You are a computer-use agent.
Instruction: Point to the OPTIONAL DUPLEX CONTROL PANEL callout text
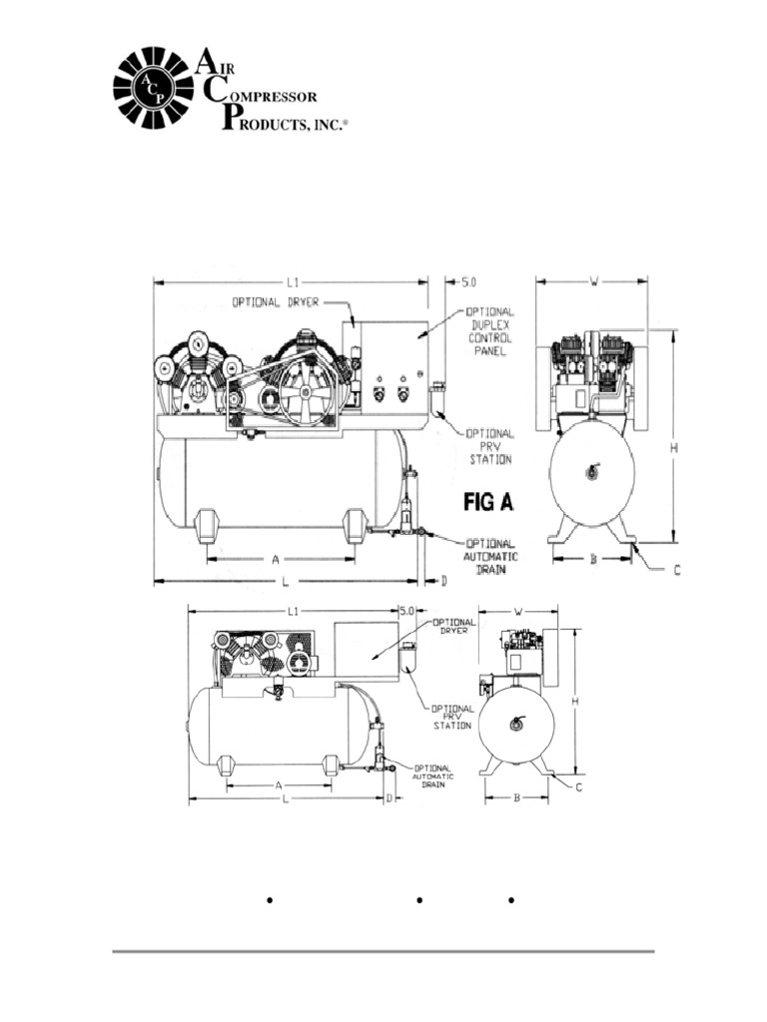click(x=490, y=332)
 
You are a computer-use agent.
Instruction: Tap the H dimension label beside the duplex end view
click(x=674, y=448)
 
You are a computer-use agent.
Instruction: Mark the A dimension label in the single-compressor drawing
click(x=279, y=785)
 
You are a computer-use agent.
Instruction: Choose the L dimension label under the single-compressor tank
click(x=286, y=800)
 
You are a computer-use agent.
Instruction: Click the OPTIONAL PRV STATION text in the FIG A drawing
click(x=490, y=446)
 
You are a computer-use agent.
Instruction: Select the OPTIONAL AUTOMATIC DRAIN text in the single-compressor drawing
click(x=433, y=775)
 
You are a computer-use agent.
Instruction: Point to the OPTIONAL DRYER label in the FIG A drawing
click(x=276, y=302)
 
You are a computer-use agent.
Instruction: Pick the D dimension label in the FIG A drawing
click(x=443, y=580)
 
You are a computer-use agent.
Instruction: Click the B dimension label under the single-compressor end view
click(x=516, y=798)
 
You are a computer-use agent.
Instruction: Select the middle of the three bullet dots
click(x=419, y=901)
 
